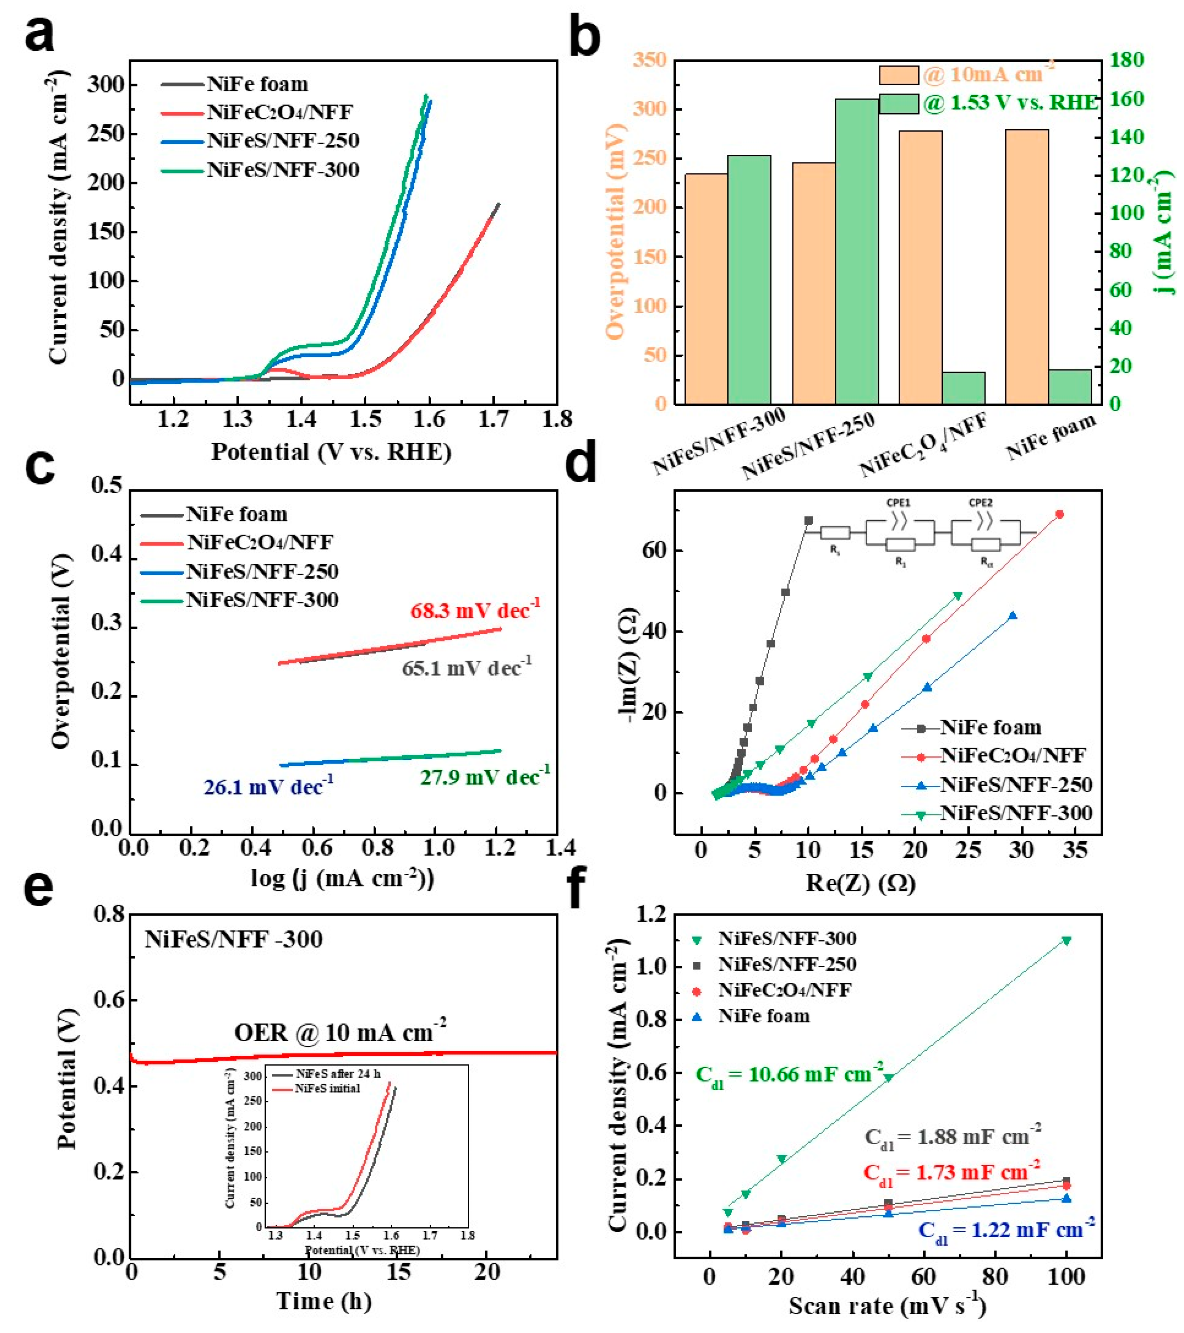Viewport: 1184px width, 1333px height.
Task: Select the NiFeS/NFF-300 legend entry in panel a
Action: click(283, 170)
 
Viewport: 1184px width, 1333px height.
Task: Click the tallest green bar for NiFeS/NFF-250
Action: click(857, 251)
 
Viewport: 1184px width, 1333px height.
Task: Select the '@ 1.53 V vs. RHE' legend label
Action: click(1010, 103)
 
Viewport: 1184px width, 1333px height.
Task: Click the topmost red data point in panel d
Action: click(1059, 515)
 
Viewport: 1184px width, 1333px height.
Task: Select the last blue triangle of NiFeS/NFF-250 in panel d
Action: click(1012, 616)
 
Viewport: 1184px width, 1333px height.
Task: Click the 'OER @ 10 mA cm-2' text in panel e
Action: click(340, 1032)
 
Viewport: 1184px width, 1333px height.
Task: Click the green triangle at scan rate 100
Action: click(1066, 941)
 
